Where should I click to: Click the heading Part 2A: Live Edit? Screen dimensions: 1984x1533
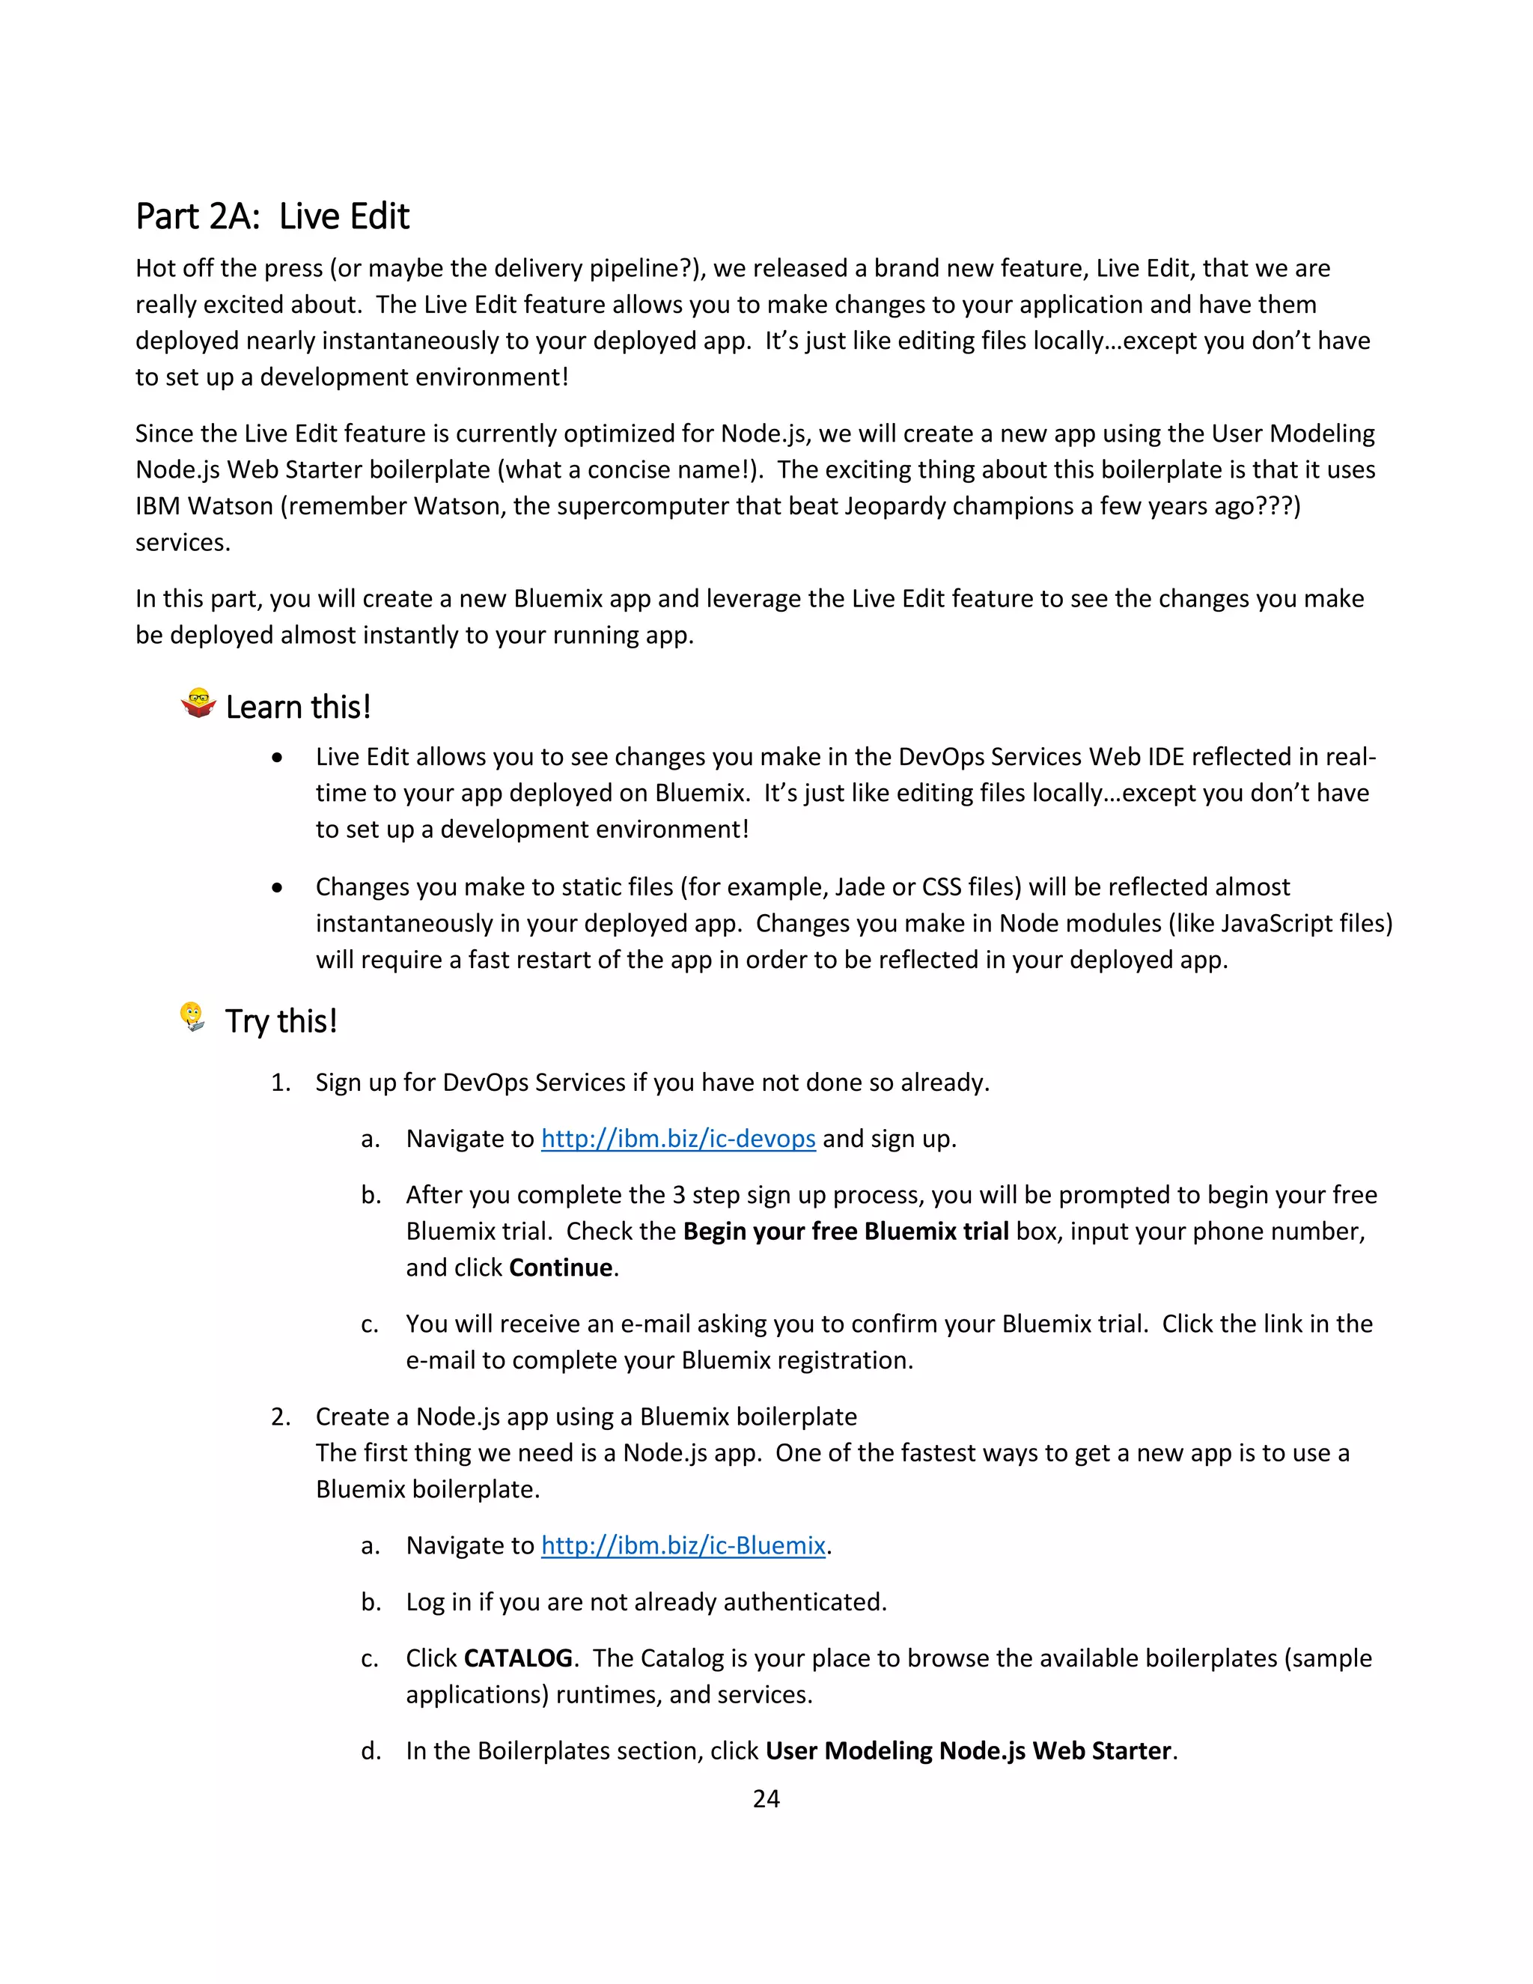pyautogui.click(x=272, y=217)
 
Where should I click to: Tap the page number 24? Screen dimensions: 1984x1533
pyautogui.click(x=766, y=1798)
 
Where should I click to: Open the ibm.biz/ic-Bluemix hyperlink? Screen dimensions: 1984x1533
pyautogui.click(x=683, y=1545)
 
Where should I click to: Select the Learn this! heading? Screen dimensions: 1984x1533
pyautogui.click(x=298, y=707)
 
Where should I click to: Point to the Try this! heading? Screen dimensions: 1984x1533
pyautogui.click(x=281, y=1021)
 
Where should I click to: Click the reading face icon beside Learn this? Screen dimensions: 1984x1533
pyautogui.click(x=198, y=703)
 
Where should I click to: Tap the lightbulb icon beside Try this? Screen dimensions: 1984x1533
pyautogui.click(x=192, y=1017)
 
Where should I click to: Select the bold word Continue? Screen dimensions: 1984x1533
pyautogui.click(x=561, y=1268)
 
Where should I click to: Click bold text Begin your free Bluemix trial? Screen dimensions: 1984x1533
pyautogui.click(x=846, y=1231)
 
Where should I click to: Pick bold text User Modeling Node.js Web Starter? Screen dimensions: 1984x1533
pyautogui.click(x=968, y=1750)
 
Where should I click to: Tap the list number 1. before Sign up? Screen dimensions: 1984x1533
pyautogui.click(x=281, y=1083)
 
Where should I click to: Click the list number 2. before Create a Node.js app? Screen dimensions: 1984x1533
pyautogui.click(x=281, y=1417)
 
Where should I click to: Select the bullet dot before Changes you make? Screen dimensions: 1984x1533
pyautogui.click(x=277, y=887)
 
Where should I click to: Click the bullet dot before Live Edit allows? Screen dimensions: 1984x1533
pyautogui.click(x=277, y=758)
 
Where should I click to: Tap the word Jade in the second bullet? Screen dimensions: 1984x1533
pyautogui.click(x=859, y=886)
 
